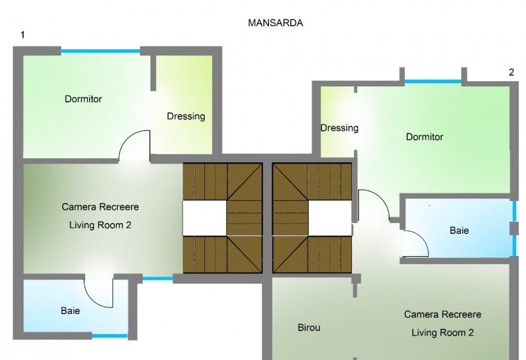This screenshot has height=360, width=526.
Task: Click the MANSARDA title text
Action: pos(276,23)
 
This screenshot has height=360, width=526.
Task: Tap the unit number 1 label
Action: pos(22,35)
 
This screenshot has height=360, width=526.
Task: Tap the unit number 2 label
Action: pos(511,72)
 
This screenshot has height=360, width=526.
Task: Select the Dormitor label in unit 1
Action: pos(83,99)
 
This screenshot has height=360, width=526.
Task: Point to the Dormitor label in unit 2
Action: pos(425,137)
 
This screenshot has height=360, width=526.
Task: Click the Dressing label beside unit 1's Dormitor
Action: pos(186,117)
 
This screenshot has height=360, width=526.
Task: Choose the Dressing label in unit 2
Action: pos(339,128)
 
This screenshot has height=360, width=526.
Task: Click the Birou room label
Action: pos(309,328)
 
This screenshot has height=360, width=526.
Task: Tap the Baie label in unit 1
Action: pos(71,311)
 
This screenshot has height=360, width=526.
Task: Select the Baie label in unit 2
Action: pos(459,230)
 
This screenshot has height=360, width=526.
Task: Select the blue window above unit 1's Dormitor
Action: pos(100,51)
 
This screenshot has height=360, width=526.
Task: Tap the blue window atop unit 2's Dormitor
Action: pos(433,81)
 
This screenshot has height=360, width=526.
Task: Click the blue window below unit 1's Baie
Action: pos(110,336)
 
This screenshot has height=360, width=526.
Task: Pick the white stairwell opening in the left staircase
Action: pos(204,218)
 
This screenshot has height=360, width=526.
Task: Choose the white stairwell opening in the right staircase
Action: pos(330,218)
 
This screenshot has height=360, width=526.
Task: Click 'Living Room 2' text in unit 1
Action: pos(100,225)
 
